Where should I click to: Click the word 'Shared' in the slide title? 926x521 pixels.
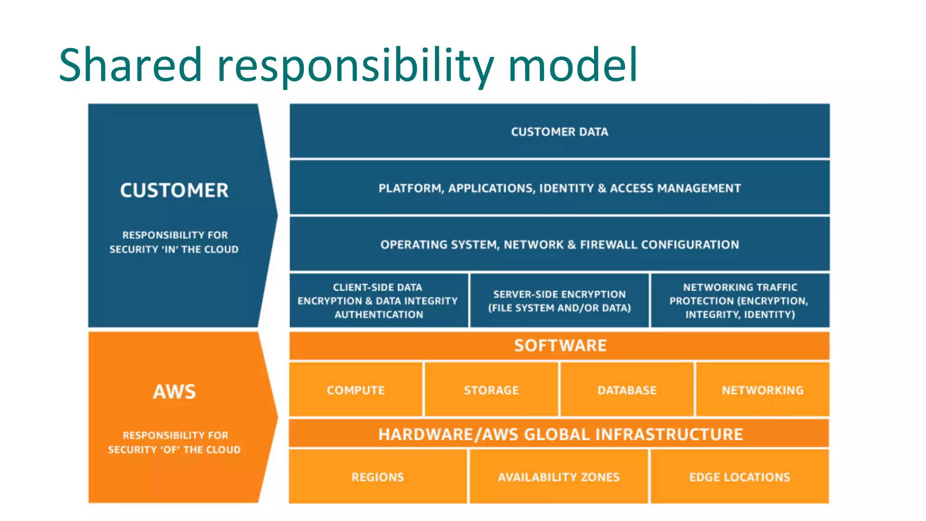(x=130, y=66)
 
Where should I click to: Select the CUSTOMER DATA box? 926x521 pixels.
(x=559, y=132)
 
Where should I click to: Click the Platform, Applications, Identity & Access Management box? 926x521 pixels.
(x=559, y=188)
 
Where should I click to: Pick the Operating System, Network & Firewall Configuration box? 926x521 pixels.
(x=559, y=245)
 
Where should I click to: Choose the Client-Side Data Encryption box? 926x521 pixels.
(x=378, y=301)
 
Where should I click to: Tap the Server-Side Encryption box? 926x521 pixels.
(x=559, y=301)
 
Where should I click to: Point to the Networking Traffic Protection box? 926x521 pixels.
(x=740, y=301)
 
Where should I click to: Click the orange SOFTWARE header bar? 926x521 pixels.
(x=559, y=346)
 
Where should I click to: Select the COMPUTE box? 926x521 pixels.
(x=356, y=390)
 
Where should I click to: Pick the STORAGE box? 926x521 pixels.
(x=491, y=390)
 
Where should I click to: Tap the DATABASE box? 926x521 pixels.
(x=627, y=390)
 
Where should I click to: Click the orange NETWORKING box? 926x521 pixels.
(x=763, y=390)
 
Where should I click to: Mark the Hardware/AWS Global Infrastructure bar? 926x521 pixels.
(x=559, y=434)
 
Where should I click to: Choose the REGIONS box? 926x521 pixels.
(x=378, y=477)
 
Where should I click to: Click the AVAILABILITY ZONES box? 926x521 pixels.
(x=559, y=477)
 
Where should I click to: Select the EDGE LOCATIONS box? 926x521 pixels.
(x=740, y=477)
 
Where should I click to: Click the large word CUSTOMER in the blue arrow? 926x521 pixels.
(x=174, y=190)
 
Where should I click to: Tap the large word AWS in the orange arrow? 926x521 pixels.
(x=174, y=392)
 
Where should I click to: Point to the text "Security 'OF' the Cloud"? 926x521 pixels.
(x=174, y=450)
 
